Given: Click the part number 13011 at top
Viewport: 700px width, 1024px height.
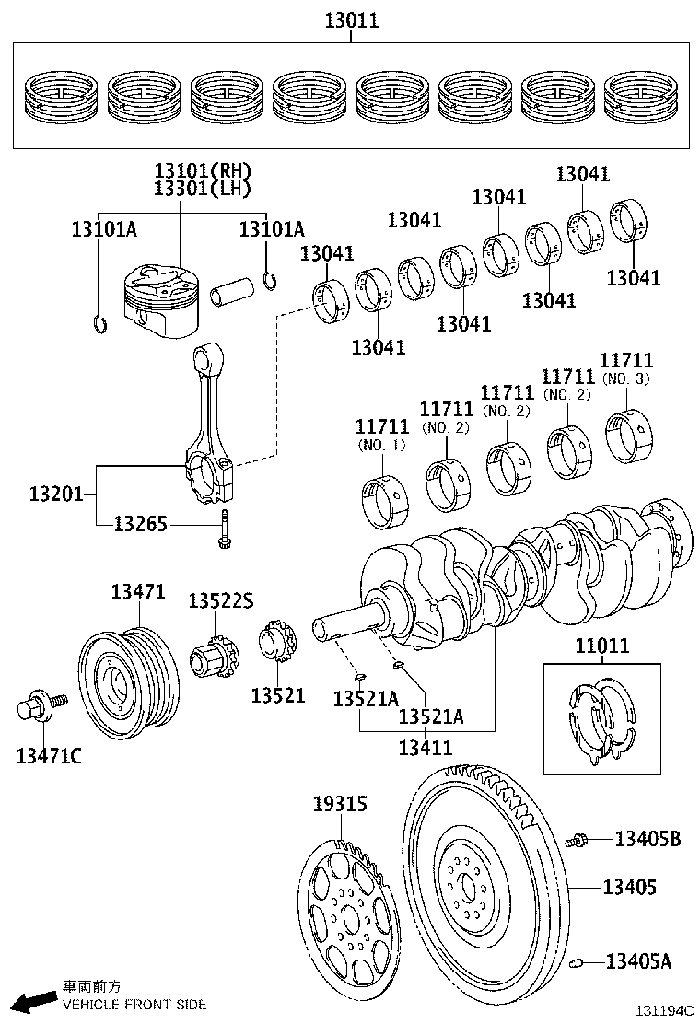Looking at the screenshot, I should [x=351, y=19].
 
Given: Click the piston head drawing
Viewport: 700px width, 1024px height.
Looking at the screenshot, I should [x=160, y=296].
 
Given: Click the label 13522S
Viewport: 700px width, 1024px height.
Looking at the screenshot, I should [x=220, y=600].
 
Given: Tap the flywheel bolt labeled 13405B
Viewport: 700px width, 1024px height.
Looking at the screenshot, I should [x=578, y=839].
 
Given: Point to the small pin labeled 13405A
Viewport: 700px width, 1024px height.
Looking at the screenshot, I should [x=578, y=963].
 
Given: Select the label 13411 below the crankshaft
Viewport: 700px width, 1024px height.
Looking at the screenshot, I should [x=425, y=747].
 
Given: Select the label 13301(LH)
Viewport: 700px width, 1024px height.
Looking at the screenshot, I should [x=202, y=188].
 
